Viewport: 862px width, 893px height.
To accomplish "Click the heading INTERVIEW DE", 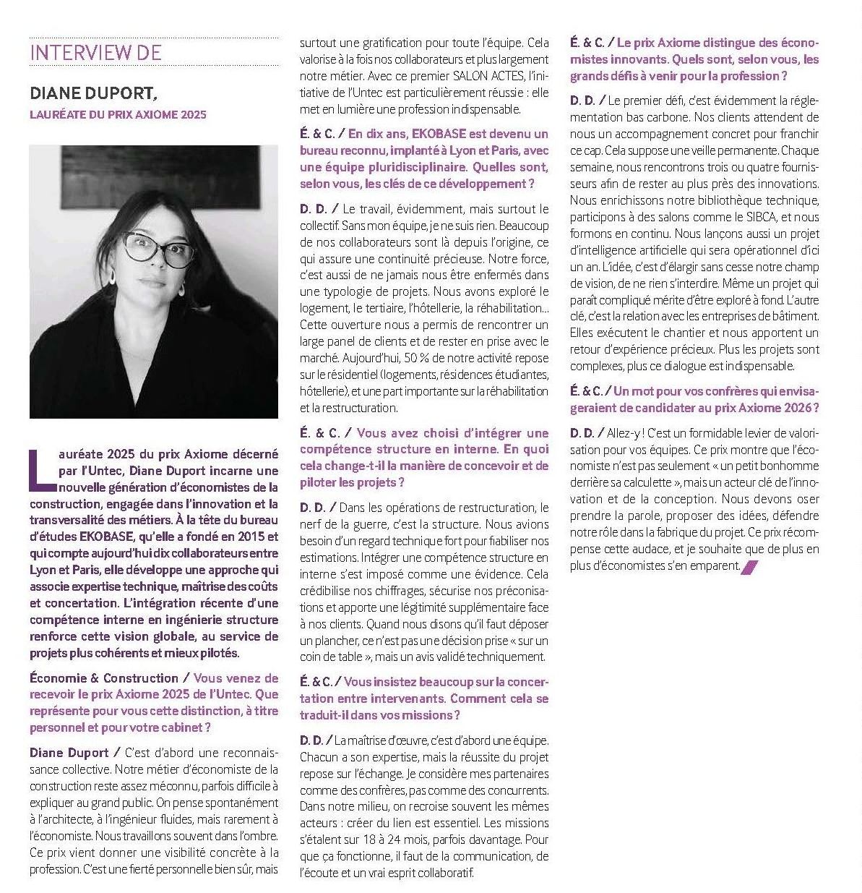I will [95, 52].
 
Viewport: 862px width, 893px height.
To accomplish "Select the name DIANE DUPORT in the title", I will [92, 94].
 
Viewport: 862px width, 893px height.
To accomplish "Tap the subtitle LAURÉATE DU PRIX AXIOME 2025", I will [118, 114].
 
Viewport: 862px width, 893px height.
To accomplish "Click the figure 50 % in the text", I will [416, 358].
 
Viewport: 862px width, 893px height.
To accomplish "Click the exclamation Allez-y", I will [624, 433].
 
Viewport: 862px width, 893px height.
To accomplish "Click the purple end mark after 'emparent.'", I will [749, 567].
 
